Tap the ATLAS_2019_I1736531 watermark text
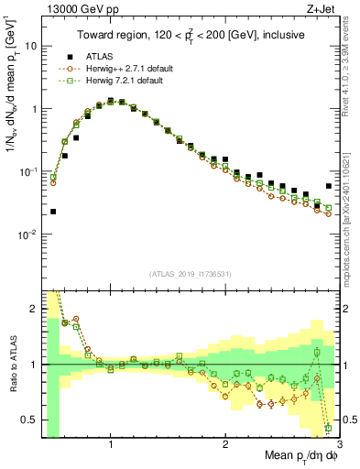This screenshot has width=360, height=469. [191, 275]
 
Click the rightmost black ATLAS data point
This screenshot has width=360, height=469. [329, 186]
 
